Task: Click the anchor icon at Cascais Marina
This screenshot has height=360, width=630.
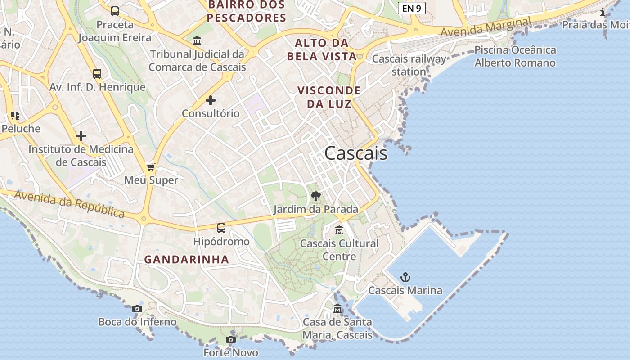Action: click(x=405, y=277)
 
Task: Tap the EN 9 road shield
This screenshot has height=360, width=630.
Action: click(x=412, y=8)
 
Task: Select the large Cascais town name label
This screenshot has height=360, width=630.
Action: click(x=355, y=153)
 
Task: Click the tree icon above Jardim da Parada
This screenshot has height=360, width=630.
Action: click(x=316, y=196)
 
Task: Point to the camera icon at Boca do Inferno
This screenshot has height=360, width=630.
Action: click(x=137, y=309)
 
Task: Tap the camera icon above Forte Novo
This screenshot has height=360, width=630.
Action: click(x=231, y=339)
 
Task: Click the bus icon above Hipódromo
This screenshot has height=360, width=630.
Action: click(x=221, y=228)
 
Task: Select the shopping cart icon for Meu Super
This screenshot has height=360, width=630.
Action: click(x=151, y=167)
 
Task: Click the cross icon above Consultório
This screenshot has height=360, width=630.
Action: click(x=210, y=100)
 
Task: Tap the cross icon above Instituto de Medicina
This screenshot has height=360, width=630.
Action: click(x=81, y=136)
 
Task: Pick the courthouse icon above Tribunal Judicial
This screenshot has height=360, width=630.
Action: click(x=197, y=41)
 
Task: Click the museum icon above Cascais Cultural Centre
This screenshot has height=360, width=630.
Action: click(x=339, y=230)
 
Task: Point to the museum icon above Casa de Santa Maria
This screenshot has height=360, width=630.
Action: click(x=337, y=309)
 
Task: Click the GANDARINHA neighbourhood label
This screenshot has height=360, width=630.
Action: click(x=187, y=260)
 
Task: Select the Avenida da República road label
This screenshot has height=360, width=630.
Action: click(x=69, y=204)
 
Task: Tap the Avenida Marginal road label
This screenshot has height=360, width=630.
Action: click(x=486, y=27)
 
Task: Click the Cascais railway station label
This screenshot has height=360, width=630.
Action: click(x=409, y=65)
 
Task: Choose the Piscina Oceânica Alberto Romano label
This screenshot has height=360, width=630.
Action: click(x=515, y=56)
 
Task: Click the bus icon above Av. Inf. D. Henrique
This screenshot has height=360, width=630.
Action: click(x=97, y=74)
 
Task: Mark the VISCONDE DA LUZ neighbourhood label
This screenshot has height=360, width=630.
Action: click(x=329, y=97)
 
